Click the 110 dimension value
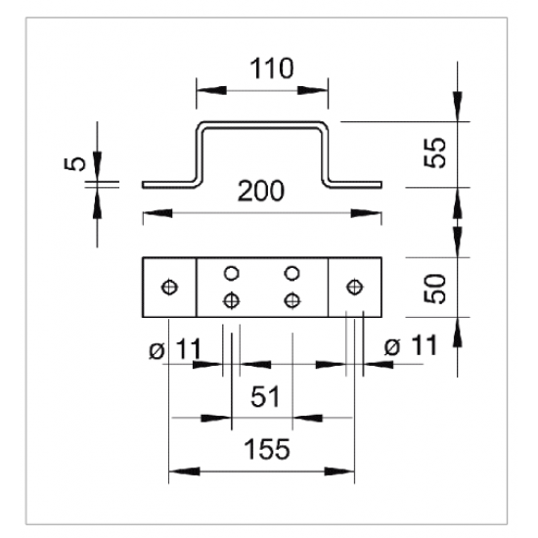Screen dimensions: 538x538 [x=271, y=68]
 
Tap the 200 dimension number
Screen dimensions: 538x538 [x=261, y=191]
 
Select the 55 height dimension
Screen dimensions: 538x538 [x=434, y=153]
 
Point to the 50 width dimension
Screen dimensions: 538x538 [x=434, y=289]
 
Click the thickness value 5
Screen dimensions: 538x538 [x=74, y=163]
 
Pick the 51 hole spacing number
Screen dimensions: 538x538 [x=265, y=396]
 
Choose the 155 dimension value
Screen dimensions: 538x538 [x=267, y=449]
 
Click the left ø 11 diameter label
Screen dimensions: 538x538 [x=175, y=349]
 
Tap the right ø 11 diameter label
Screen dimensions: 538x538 [x=411, y=345]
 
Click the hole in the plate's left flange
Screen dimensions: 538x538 [x=169, y=287]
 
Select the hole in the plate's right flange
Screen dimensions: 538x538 [x=354, y=287]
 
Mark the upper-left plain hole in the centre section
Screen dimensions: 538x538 [x=231, y=274]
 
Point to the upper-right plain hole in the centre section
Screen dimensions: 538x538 [x=292, y=274]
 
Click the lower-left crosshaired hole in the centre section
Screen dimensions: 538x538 [x=231, y=301]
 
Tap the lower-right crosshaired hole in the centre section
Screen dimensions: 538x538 [x=292, y=301]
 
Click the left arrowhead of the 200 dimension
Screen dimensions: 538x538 [x=157, y=213]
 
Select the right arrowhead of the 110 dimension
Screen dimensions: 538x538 [x=313, y=91]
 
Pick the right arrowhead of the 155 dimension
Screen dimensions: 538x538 [x=339, y=471]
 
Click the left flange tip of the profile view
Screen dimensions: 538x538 [x=143, y=185]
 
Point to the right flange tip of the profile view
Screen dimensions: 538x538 [x=381, y=185]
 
